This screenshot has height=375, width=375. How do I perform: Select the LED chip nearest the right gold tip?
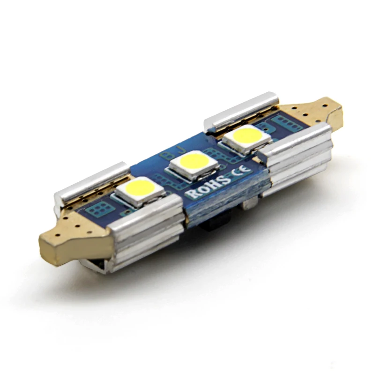(247, 138)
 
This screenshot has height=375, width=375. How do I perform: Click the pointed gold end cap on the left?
(70, 244)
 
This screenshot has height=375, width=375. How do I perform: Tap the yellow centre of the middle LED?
(194, 163)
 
